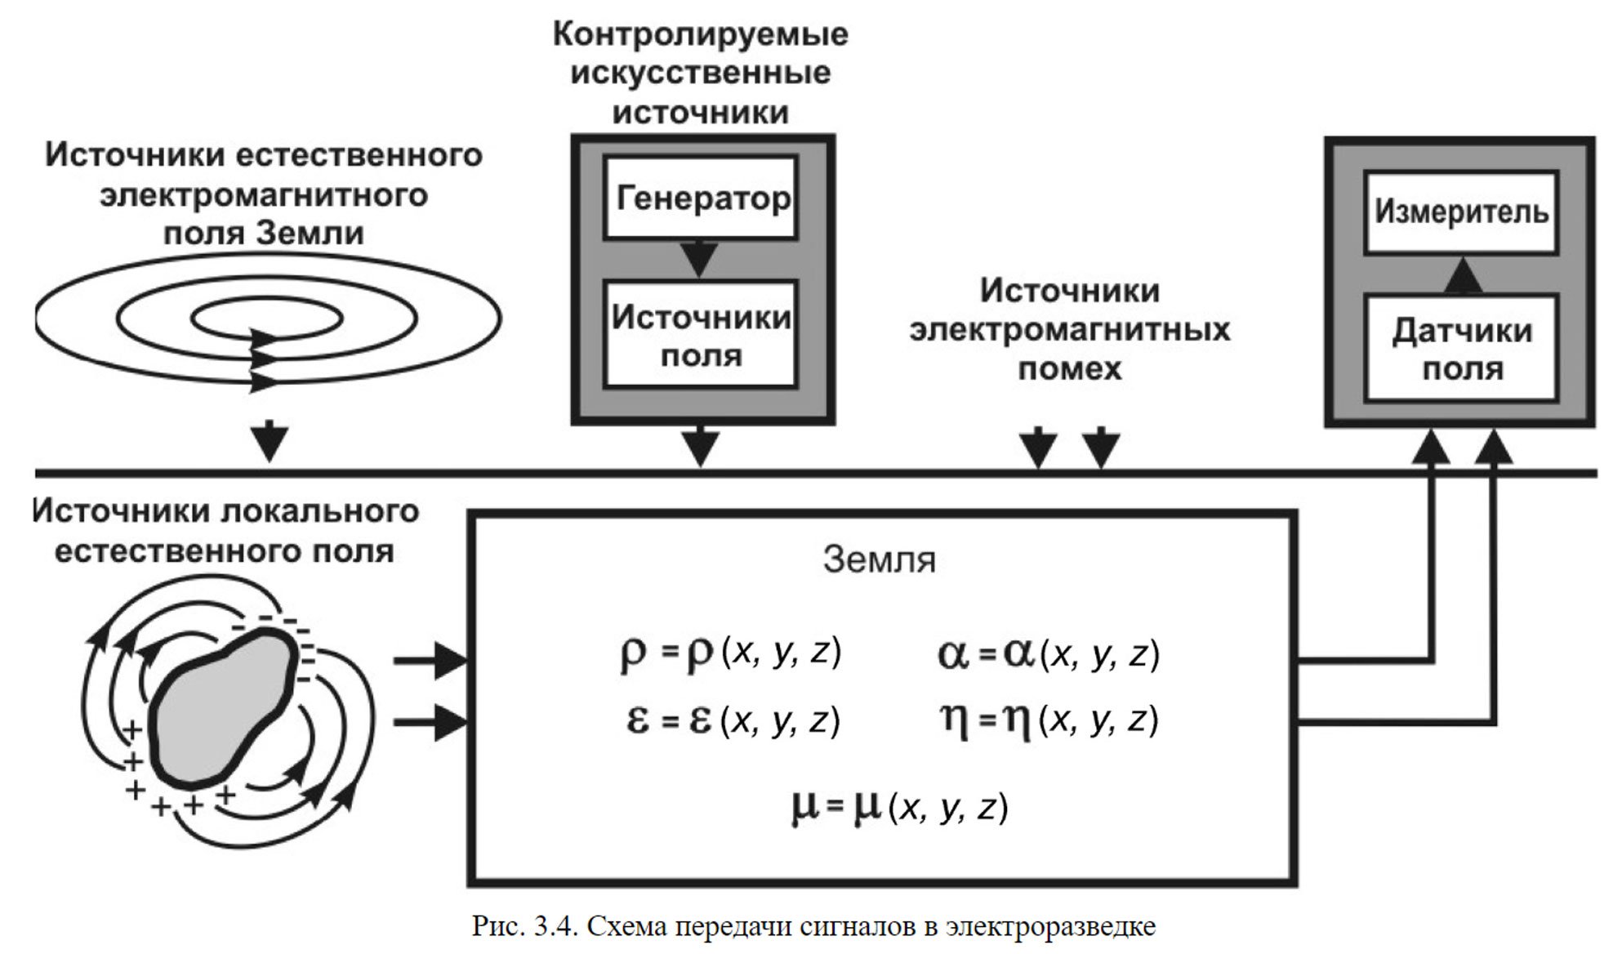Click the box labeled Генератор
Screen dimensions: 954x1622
(x=701, y=198)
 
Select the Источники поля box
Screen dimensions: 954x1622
(x=701, y=335)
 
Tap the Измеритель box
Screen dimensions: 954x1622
(x=1461, y=212)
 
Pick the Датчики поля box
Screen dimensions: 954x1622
(x=1461, y=349)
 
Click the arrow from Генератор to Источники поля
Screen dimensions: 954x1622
(x=700, y=259)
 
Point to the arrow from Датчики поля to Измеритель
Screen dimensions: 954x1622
(x=1463, y=275)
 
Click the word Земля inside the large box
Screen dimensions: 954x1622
(x=879, y=560)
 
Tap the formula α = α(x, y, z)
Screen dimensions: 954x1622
(x=1049, y=655)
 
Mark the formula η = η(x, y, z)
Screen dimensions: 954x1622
(x=1049, y=720)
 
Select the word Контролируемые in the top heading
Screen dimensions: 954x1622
(x=701, y=34)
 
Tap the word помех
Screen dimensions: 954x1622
(x=1070, y=368)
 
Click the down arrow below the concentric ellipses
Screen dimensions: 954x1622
(x=270, y=442)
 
